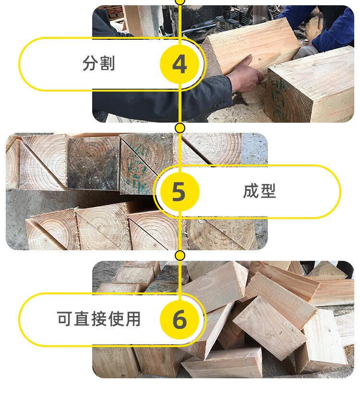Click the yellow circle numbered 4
click(x=180, y=64)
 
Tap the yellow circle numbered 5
click(x=180, y=192)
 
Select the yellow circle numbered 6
click(x=180, y=319)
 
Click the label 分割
click(x=98, y=63)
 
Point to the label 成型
click(x=259, y=191)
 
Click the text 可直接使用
click(x=98, y=319)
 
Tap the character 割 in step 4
click(x=107, y=63)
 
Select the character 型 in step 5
click(x=268, y=191)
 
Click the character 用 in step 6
click(x=133, y=319)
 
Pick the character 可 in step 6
click(x=65, y=319)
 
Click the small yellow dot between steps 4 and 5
click(x=180, y=128)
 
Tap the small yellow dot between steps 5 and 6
click(x=180, y=256)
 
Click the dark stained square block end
click(x=93, y=163)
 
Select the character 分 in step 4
click(x=90, y=63)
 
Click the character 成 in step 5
click(x=251, y=191)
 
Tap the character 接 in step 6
click(x=98, y=319)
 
